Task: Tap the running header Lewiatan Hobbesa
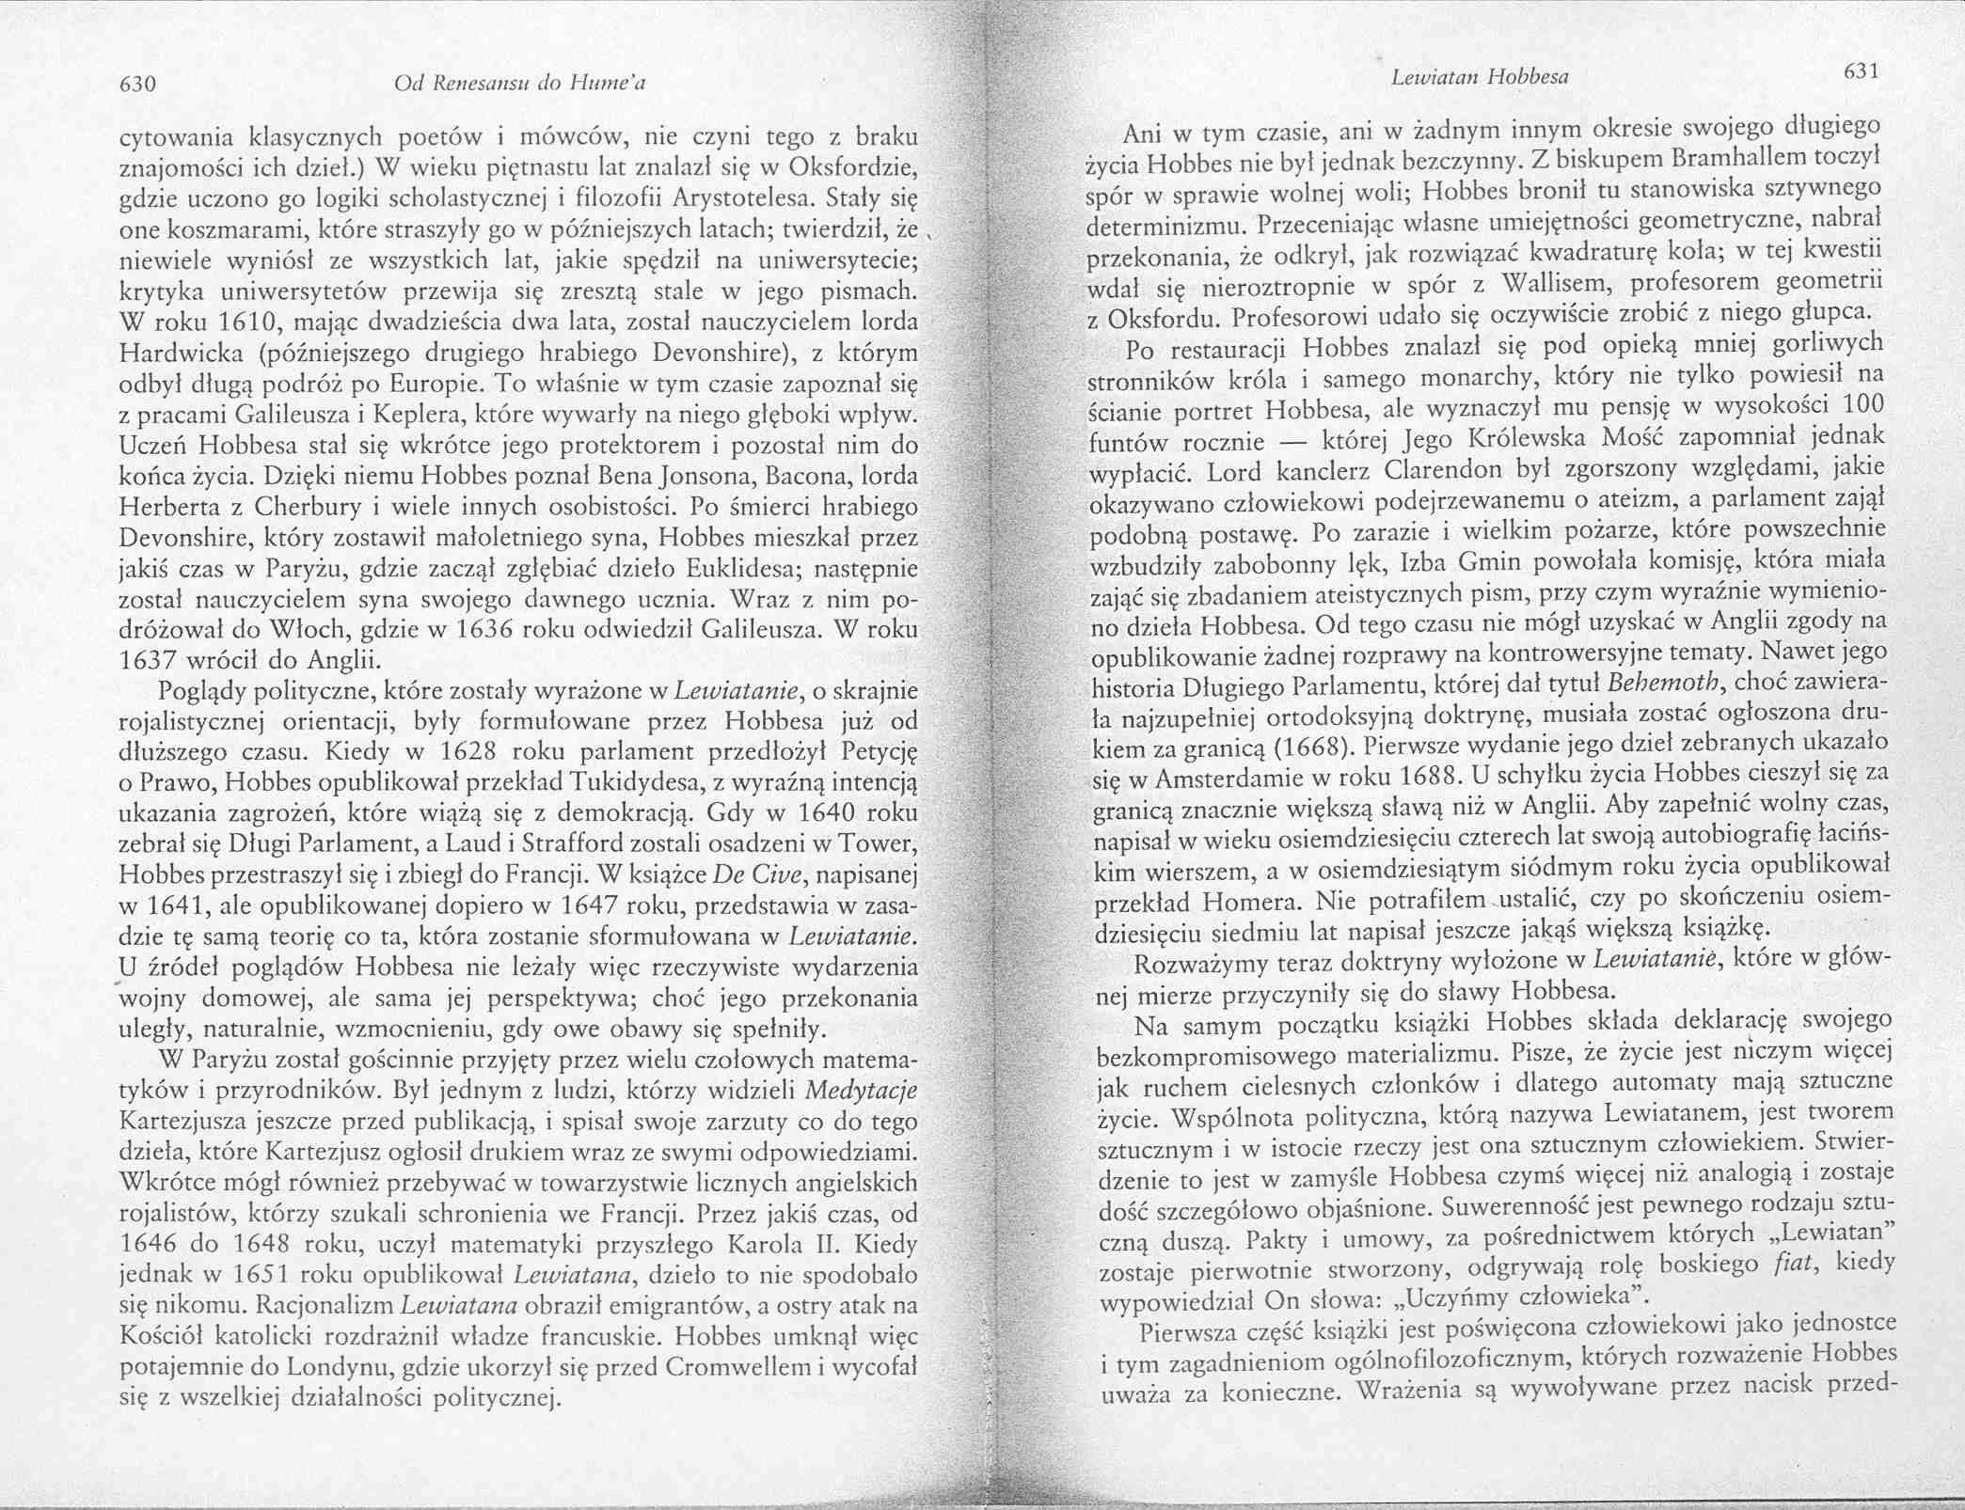coord(1481,78)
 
